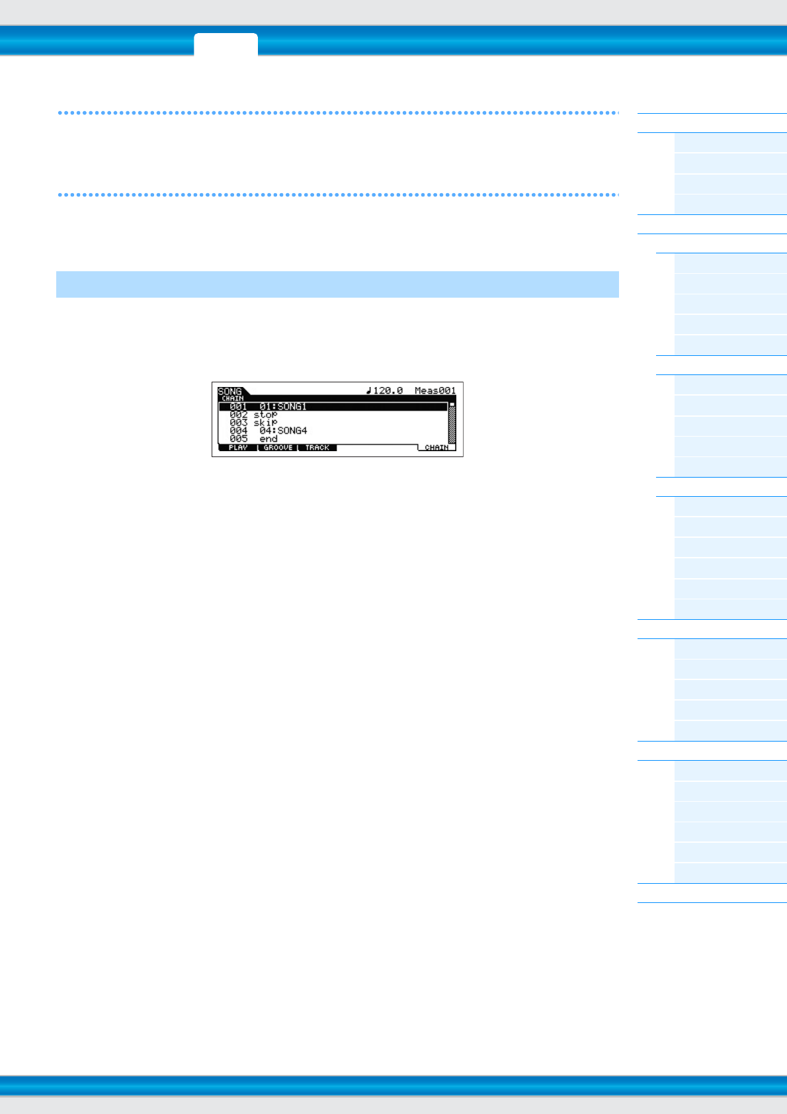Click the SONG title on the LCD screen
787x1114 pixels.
[229, 391]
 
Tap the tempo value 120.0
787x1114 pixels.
[388, 390]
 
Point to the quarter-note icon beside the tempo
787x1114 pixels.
[369, 390]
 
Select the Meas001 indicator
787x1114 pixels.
[435, 390]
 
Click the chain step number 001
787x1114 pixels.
[238, 406]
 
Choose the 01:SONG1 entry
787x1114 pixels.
[283, 406]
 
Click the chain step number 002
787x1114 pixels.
[238, 415]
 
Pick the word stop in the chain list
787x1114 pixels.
[265, 415]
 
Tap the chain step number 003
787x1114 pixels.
[238, 423]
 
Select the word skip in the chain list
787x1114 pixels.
[265, 423]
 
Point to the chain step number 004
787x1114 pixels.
[238, 431]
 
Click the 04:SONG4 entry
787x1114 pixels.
[283, 431]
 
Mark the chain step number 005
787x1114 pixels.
[238, 439]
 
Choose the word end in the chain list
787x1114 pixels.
[269, 439]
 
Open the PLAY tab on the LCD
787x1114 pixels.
[237, 448]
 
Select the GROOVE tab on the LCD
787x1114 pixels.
[278, 448]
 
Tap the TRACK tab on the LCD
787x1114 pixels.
[317, 448]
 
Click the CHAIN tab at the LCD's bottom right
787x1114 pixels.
[436, 448]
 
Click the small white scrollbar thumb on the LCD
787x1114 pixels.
[452, 404]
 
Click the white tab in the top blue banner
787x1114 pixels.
[226, 44]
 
